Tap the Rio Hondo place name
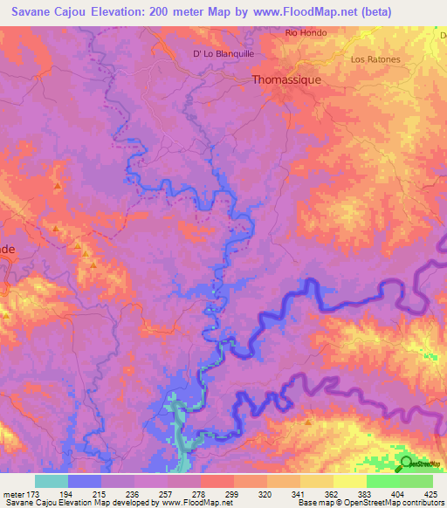[x=306, y=33]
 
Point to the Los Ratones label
[x=375, y=59]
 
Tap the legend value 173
[x=34, y=494]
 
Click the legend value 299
[x=233, y=494]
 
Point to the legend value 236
[x=134, y=494]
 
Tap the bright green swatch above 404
[x=382, y=481]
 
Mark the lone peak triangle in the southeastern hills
[x=308, y=423]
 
